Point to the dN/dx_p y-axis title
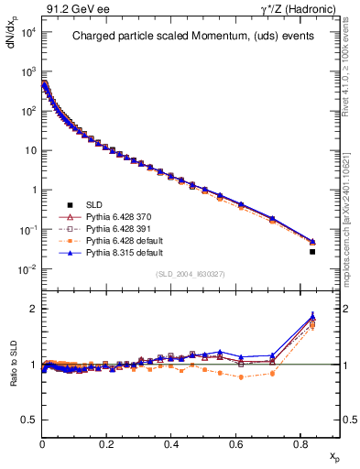point(12,41)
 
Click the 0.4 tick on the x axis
point(171,442)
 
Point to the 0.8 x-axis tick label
point(300,442)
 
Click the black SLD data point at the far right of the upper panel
point(312,251)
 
